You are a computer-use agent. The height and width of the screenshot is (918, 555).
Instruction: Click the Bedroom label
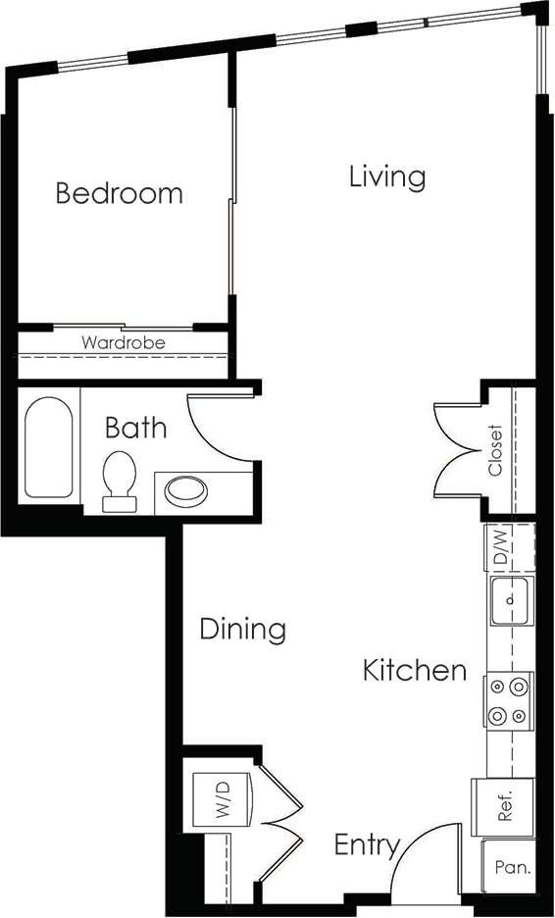119,192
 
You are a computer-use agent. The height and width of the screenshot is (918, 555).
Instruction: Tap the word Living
387,177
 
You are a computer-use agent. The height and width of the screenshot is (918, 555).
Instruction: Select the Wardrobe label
123,343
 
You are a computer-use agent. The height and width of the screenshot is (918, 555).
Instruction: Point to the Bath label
135,428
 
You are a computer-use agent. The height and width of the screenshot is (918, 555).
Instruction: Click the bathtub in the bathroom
48,447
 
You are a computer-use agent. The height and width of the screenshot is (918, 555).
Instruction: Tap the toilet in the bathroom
119,481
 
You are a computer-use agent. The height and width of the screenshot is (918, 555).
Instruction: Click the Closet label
496,450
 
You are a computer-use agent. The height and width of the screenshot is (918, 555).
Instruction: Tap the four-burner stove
508,701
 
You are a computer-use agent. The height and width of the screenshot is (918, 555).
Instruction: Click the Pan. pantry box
512,868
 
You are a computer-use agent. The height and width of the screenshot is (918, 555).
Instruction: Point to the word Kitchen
414,671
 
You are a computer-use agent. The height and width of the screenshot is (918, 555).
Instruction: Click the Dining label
242,629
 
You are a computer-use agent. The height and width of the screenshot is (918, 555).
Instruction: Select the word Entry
367,845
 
